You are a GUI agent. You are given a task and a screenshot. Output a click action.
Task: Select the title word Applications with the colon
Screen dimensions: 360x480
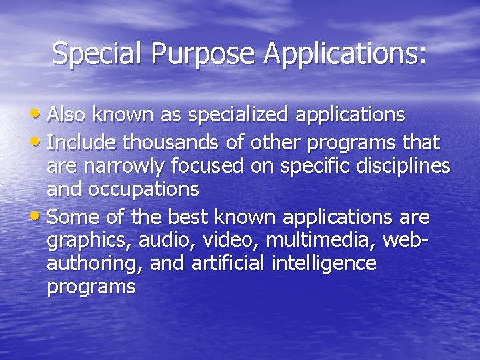click(x=344, y=53)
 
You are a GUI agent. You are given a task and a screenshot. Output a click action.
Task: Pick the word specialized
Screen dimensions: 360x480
click(x=238, y=115)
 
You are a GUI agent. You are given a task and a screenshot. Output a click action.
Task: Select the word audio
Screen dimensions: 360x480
click(x=155, y=241)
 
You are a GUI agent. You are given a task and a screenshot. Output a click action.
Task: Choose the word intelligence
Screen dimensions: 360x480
click(x=324, y=264)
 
